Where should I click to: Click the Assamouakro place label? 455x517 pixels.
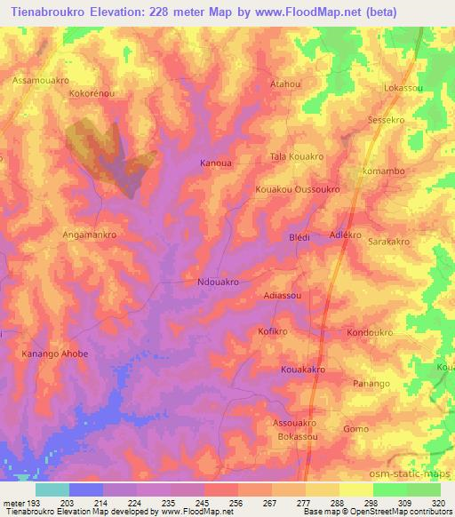pyautogui.click(x=41, y=80)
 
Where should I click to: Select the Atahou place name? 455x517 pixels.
pyautogui.click(x=285, y=84)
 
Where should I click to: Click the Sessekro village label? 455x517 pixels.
pyautogui.click(x=386, y=119)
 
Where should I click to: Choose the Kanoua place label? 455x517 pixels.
pyautogui.click(x=217, y=163)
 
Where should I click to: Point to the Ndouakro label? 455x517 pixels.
pyautogui.click(x=217, y=282)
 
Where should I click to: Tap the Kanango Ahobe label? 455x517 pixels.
pyautogui.click(x=54, y=354)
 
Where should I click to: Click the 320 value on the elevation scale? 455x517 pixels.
pyautogui.click(x=439, y=502)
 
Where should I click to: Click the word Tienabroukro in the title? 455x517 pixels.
pyautogui.click(x=52, y=12)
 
